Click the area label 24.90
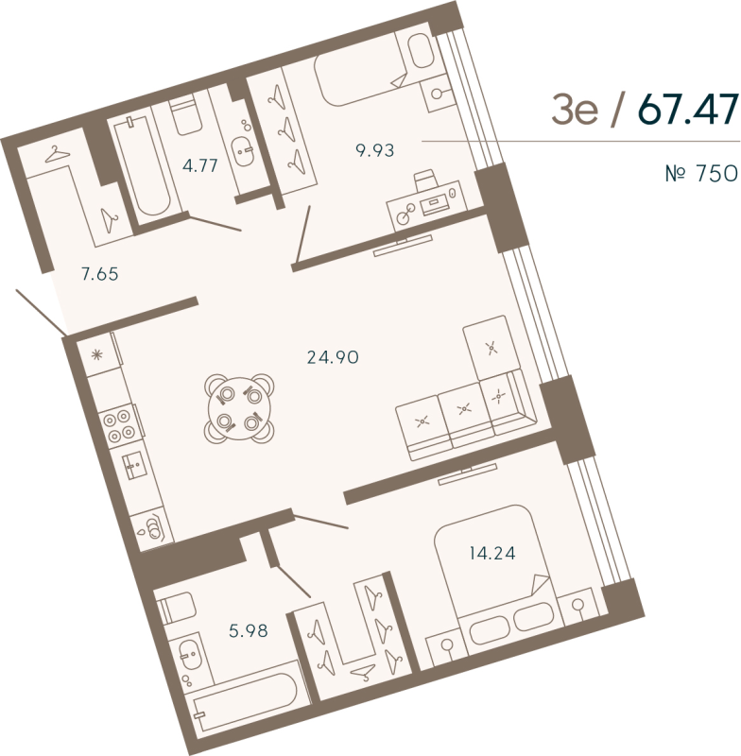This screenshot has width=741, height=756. click(x=333, y=356)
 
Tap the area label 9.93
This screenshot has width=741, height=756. click(x=374, y=148)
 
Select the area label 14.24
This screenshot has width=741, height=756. click(x=491, y=554)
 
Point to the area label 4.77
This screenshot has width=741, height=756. click(x=200, y=165)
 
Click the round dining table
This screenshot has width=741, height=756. click(x=237, y=407)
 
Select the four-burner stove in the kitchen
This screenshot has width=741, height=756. click(x=119, y=422)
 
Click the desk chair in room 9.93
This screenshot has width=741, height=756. click(x=426, y=179)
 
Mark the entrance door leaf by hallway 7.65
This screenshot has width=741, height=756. click(x=39, y=311)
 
